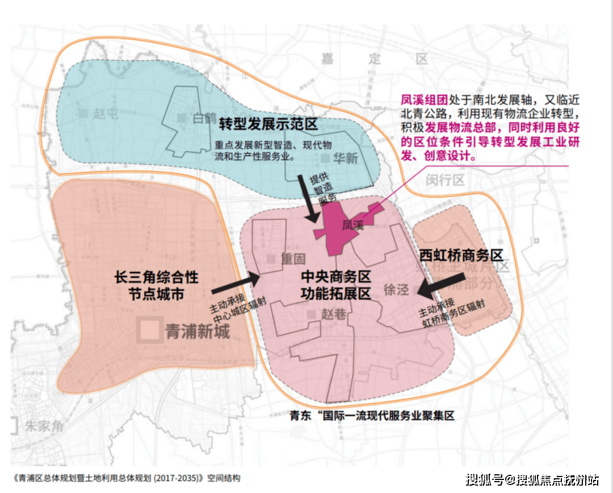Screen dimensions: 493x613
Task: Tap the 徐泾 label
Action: pos(396,289)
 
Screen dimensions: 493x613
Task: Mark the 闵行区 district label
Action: pos(445,181)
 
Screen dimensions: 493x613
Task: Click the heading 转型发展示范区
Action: pos(268,124)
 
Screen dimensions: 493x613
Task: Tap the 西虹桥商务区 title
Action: pos(461,255)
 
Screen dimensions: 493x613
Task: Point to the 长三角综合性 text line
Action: pos(157,277)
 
